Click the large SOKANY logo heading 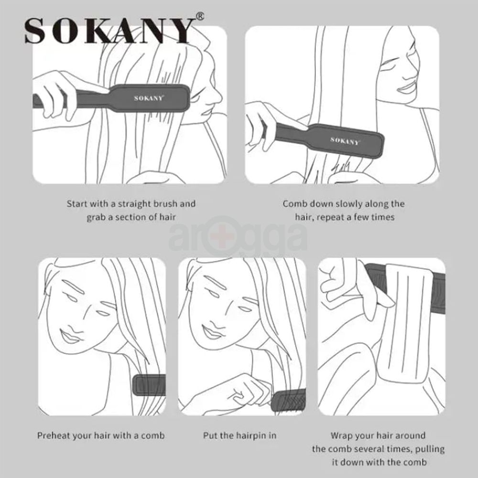(109, 32)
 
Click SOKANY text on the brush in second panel (345, 141)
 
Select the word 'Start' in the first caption (77, 204)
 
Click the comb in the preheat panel (150, 385)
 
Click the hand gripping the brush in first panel (60, 93)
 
